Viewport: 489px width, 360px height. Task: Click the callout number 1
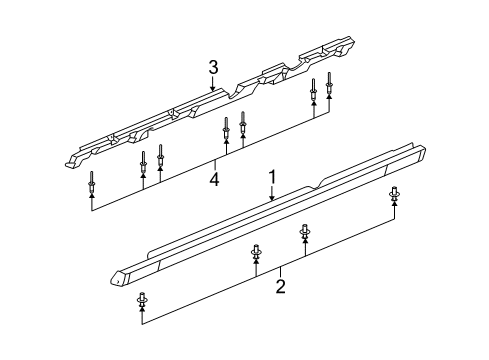(x=270, y=179)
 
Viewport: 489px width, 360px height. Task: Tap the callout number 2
(x=281, y=288)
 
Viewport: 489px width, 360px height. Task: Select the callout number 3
(x=213, y=68)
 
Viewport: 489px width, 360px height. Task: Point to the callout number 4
(x=213, y=180)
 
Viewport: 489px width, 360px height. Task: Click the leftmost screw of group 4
(x=92, y=182)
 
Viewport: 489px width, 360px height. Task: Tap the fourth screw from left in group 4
(x=225, y=131)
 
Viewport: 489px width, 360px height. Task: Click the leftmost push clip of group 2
(x=142, y=297)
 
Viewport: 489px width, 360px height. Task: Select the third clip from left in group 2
(x=305, y=232)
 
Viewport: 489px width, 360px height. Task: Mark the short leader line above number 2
(x=281, y=271)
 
